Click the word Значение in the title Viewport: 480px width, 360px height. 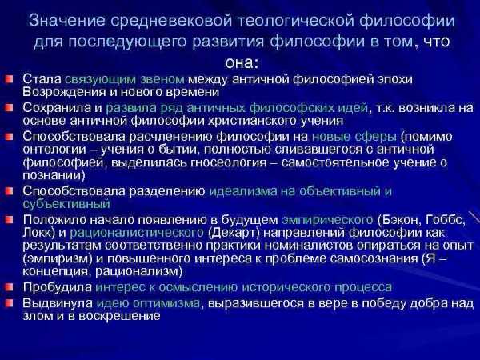(x=67, y=21)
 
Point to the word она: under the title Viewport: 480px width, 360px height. (x=242, y=63)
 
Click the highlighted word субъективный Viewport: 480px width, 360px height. (x=66, y=203)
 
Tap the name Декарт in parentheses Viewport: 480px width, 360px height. (x=234, y=233)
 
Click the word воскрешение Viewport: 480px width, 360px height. (x=119, y=316)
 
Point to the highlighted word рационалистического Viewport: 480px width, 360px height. (x=137, y=233)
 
